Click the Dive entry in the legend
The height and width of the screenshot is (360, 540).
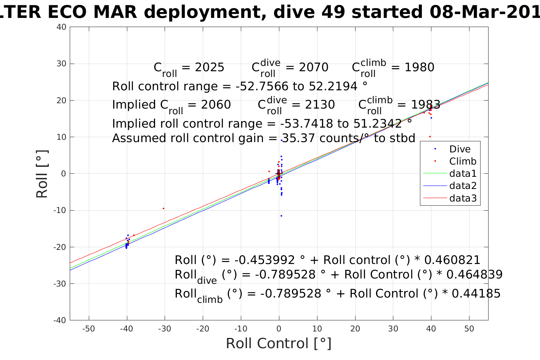coord(460,149)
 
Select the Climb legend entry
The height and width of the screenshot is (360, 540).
coord(463,161)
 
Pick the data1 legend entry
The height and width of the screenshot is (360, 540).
coord(463,174)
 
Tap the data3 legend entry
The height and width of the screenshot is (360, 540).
coord(463,198)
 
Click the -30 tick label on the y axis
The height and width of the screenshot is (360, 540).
coord(60,284)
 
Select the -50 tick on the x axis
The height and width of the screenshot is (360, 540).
coord(89,329)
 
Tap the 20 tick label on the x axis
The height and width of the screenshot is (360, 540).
coord(355,329)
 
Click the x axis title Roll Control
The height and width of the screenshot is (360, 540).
coord(279,343)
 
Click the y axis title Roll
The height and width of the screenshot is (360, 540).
coord(42,174)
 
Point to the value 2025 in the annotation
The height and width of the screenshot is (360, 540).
coord(210,67)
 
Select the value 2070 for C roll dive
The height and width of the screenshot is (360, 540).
coord(314,67)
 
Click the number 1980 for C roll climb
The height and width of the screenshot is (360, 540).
coord(419,67)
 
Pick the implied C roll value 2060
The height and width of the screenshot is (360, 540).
coord(216,105)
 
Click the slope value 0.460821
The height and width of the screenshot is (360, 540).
coord(452,260)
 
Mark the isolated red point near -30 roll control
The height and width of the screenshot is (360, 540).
coord(163,208)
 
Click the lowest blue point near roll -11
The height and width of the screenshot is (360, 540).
coord(281,216)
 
